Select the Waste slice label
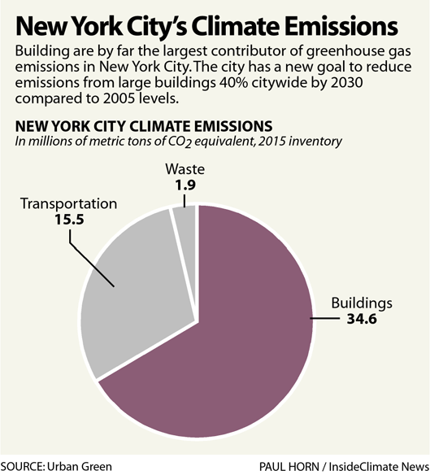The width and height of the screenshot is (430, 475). click(186, 170)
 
